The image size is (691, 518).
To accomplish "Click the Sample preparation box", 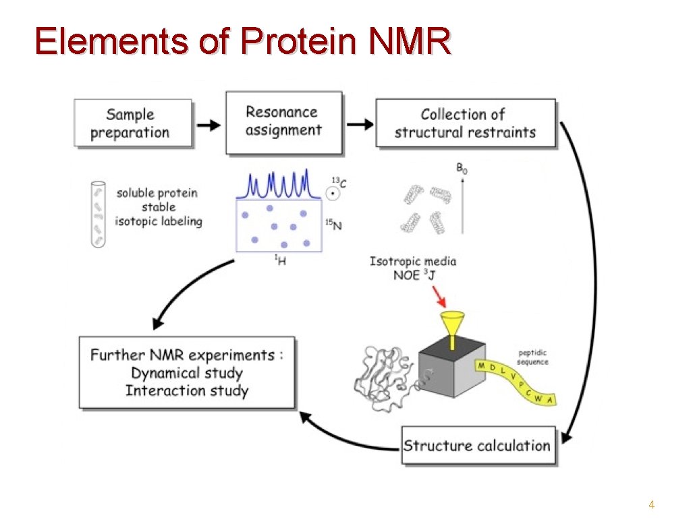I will pos(133,123).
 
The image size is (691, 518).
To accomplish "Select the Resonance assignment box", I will pos(283,123).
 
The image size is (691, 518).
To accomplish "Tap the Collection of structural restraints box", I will pos(465,123).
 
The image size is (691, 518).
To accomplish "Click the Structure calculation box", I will pos(478,445).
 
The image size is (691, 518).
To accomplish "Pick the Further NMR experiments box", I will pos(187,372).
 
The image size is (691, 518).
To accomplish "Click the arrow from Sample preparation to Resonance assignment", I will pos(209,125).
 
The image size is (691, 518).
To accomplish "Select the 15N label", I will pos(334,225).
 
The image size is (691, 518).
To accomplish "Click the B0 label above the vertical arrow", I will pos(462,169).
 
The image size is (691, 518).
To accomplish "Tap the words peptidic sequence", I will pos(533,357).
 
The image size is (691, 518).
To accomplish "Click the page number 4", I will pos(651,505).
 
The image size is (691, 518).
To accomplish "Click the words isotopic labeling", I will pos(159,221).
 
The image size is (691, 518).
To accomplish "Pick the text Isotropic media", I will pos(413,261).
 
